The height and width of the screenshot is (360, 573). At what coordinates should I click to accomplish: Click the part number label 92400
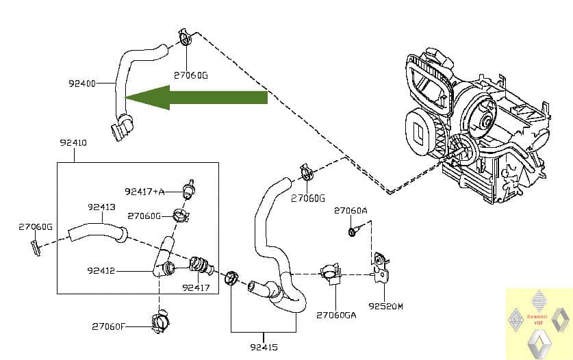pyautogui.click(x=83, y=83)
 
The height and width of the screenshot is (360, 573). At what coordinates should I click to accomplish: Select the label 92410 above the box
pyautogui.click(x=73, y=143)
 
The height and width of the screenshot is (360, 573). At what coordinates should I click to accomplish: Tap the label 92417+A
pyautogui.click(x=145, y=191)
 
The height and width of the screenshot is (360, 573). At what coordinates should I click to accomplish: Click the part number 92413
pyautogui.click(x=101, y=207)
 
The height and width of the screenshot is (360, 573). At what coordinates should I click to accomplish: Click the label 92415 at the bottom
pyautogui.click(x=264, y=347)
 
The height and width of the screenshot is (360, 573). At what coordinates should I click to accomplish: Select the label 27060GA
pyautogui.click(x=336, y=316)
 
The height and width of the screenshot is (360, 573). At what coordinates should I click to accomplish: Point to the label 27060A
pyautogui.click(x=351, y=211)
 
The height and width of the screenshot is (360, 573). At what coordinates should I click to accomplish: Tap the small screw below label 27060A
pyautogui.click(x=352, y=232)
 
